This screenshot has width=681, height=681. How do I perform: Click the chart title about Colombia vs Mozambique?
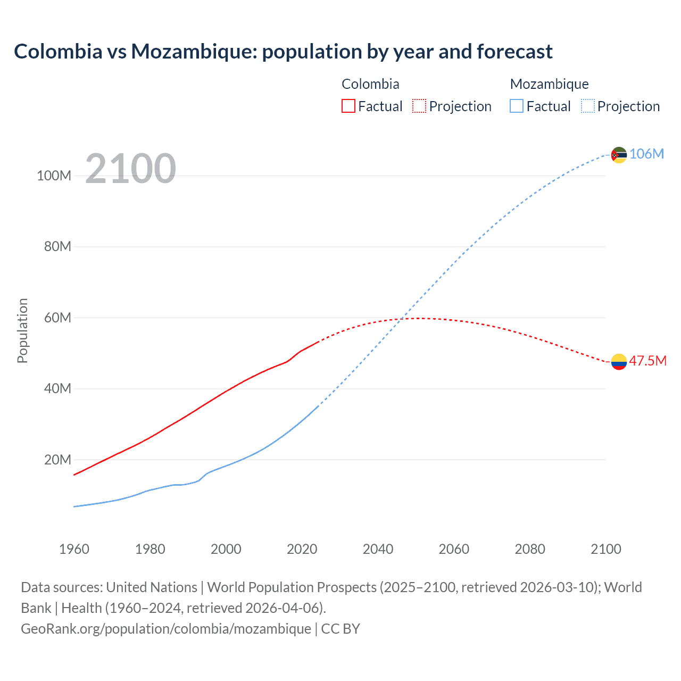283,52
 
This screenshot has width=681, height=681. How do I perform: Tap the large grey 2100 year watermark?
130,169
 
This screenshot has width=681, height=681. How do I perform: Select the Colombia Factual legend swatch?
348,106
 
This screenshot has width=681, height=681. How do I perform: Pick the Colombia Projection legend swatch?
419,106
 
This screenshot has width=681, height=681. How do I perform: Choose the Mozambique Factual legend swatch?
517,106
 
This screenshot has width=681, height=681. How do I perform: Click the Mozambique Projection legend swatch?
587,106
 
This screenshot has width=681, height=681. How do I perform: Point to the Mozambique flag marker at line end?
619,155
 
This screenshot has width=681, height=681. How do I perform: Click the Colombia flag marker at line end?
619,362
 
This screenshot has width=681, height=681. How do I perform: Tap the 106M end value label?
646,154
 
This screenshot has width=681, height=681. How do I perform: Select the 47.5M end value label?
647,361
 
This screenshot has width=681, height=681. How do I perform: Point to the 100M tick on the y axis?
54,176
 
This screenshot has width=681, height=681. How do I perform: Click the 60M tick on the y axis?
57,318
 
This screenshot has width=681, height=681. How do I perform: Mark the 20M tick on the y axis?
57,460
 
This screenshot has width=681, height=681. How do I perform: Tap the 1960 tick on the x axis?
74,549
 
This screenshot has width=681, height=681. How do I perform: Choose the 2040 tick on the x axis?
378,549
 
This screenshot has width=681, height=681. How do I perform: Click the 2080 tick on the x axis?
530,549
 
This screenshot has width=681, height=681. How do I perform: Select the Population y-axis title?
22,330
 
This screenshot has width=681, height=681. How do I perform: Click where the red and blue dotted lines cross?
403,319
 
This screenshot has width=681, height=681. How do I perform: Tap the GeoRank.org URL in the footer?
166,629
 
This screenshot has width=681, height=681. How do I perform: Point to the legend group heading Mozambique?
549,84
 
